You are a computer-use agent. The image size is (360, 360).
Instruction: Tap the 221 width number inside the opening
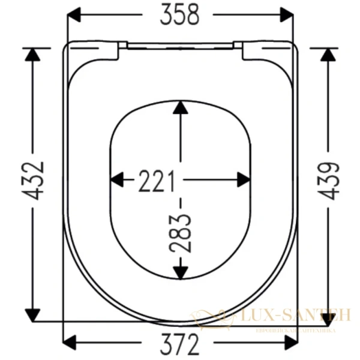click(x=157, y=180)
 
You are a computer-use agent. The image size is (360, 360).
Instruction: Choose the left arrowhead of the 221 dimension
click(x=118, y=179)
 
